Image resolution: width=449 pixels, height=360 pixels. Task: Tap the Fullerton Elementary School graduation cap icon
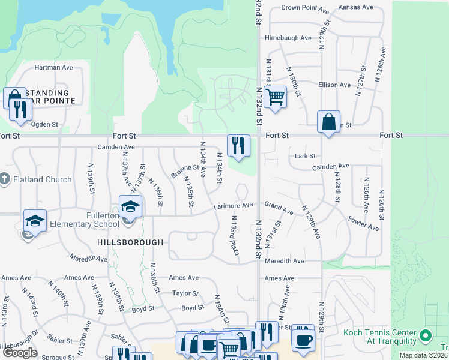coord(130,207)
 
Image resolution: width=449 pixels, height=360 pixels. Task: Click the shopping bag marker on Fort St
coord(329,122)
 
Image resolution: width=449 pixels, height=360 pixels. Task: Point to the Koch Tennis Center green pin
coord(426,335)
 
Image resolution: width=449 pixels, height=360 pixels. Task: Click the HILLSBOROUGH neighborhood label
coord(130,242)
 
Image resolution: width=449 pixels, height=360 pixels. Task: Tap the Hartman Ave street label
coord(53,67)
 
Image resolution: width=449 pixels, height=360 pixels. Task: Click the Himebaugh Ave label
coord(288,38)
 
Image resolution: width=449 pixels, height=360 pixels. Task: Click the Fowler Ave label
coord(363,223)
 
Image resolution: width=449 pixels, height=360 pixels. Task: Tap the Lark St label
coord(305,156)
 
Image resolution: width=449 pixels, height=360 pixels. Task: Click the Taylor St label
coord(185,293)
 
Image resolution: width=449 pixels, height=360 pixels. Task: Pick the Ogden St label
coord(44,125)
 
